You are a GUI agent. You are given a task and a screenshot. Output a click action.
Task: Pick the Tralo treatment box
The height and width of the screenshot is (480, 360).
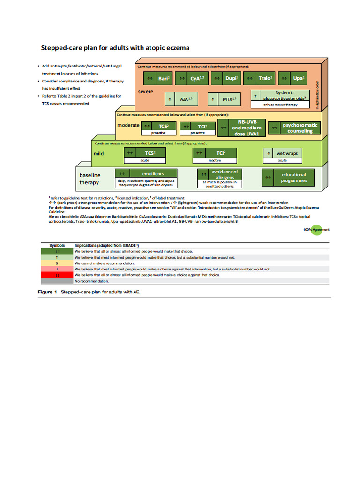click(259, 79)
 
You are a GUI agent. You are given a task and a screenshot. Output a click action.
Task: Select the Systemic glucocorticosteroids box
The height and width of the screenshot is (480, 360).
click(280, 96)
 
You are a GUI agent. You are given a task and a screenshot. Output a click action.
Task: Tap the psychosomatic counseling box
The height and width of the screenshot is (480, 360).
click(293, 128)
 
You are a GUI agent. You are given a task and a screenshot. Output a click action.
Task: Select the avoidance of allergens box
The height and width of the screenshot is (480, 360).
click(218, 174)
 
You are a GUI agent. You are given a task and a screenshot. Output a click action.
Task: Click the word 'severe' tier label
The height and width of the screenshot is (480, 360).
click(145, 92)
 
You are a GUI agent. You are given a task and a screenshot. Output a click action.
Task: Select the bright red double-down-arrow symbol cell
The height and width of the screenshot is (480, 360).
click(57, 275)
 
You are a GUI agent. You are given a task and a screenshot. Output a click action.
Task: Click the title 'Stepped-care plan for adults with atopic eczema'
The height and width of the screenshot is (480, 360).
click(115, 48)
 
